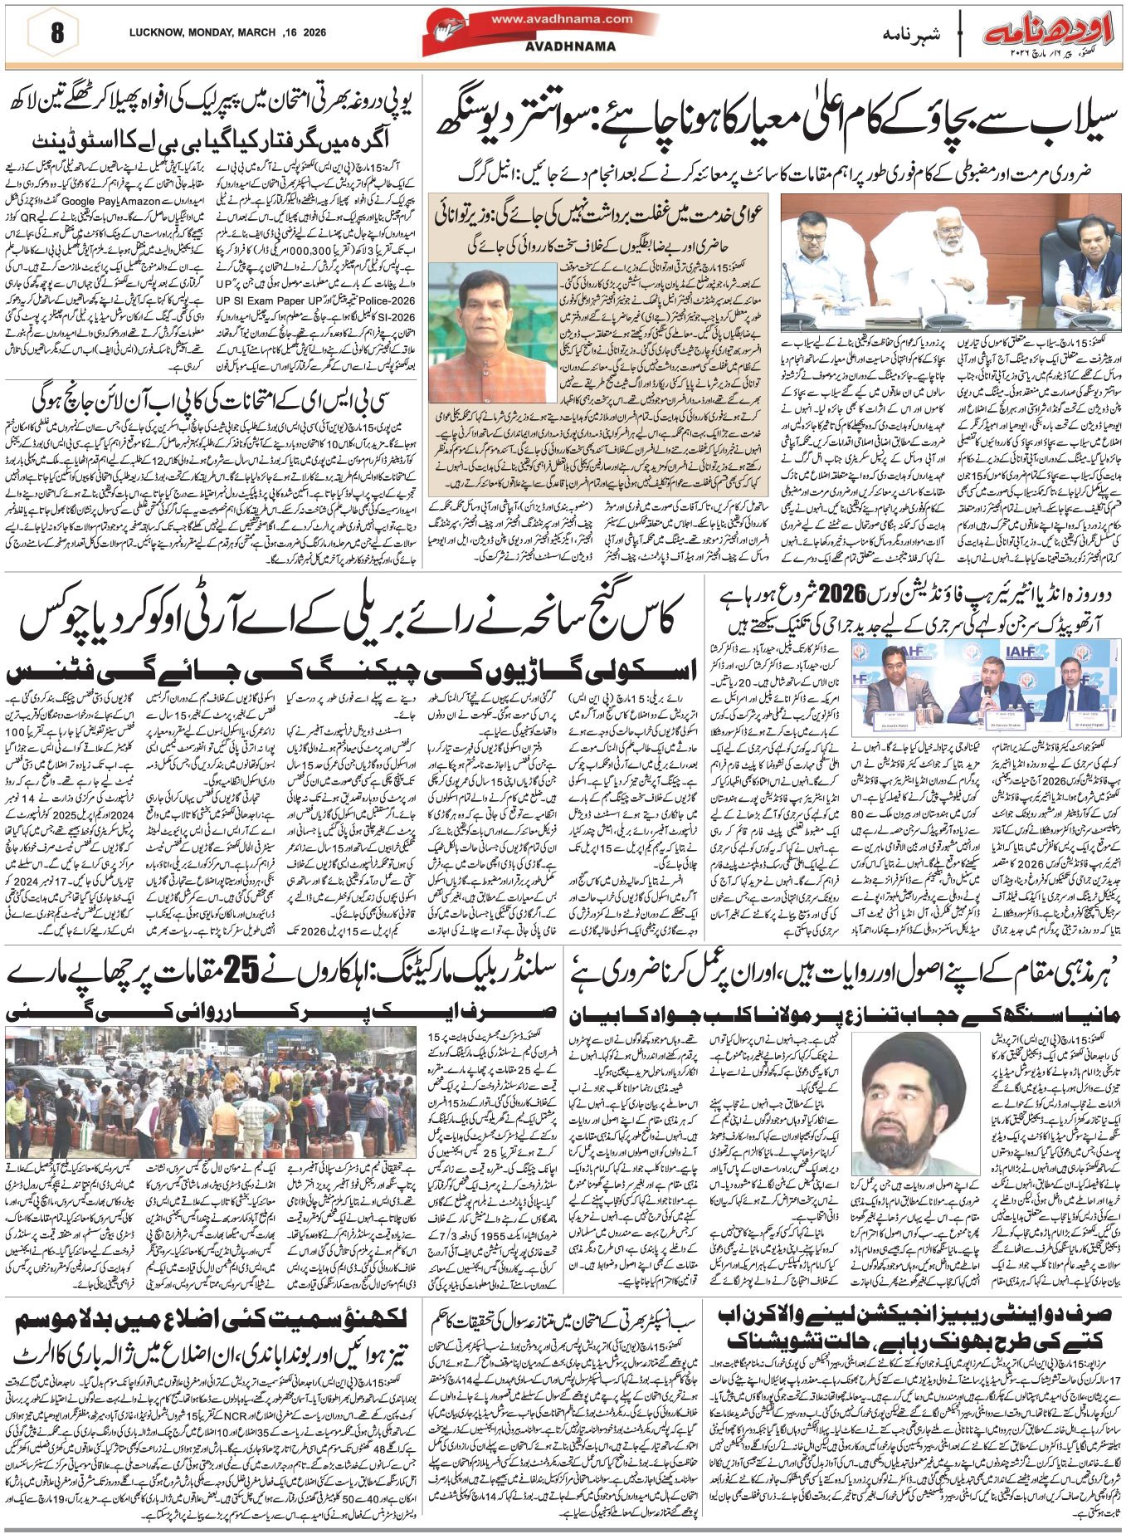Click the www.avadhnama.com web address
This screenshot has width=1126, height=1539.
tap(561, 19)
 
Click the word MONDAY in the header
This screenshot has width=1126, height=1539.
tap(211, 32)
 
